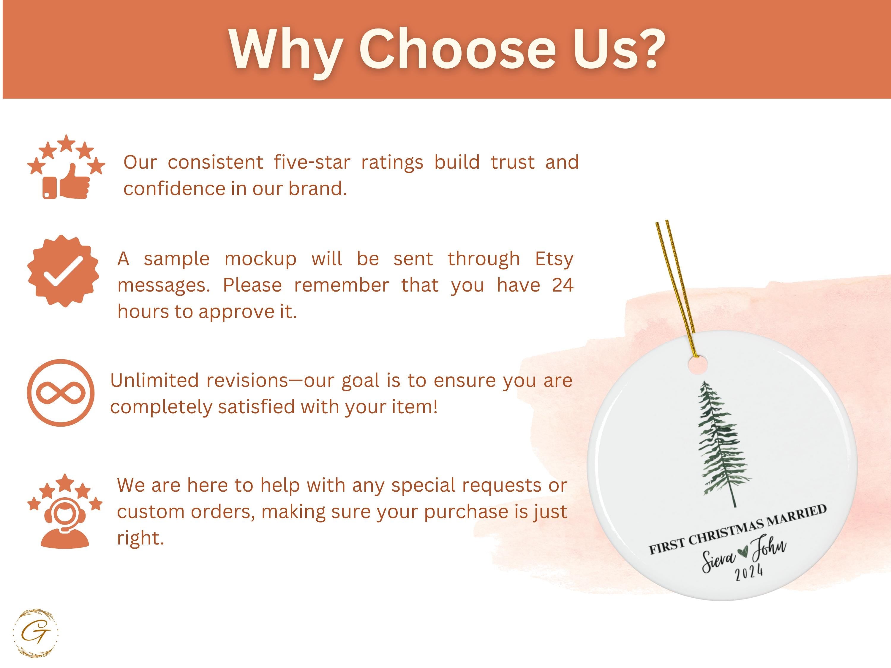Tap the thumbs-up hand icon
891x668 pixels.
point(75,182)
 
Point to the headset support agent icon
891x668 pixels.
point(65,522)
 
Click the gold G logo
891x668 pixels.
point(35,633)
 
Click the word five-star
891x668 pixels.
point(312,162)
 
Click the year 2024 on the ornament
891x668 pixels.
point(749,572)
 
